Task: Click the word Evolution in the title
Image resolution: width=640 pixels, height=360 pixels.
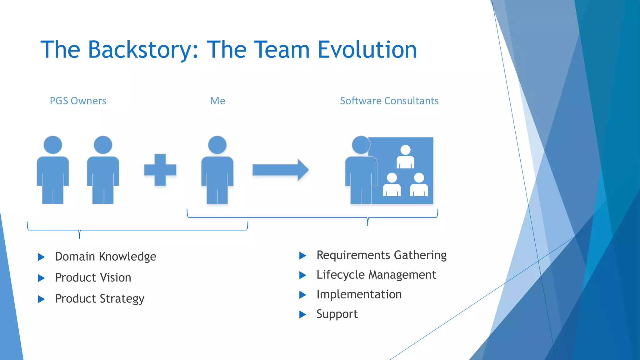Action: tap(367, 50)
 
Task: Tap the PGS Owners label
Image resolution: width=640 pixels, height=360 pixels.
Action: tap(78, 101)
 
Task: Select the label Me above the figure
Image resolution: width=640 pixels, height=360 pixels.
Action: tap(217, 101)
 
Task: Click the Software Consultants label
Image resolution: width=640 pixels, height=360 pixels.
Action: tap(389, 101)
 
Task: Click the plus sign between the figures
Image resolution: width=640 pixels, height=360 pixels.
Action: tap(160, 170)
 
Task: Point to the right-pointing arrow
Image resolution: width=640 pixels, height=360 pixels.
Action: tap(280, 170)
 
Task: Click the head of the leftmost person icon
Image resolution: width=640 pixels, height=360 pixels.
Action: tap(53, 145)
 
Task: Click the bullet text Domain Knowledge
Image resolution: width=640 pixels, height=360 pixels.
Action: tap(106, 257)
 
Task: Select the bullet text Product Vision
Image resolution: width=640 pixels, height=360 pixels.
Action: tap(93, 277)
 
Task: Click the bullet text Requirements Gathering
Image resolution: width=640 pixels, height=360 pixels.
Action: tap(381, 255)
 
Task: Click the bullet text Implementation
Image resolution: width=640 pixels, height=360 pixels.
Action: tap(359, 294)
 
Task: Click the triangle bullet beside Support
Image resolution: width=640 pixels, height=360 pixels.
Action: tap(302, 314)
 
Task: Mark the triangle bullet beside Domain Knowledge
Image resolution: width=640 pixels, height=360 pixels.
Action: tap(41, 257)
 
